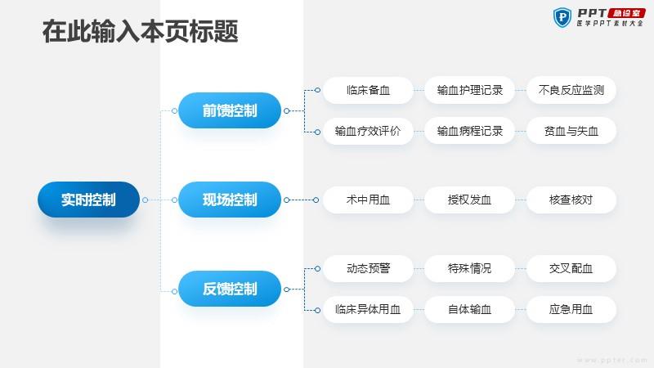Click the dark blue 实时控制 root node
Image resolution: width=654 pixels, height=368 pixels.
click(88, 200)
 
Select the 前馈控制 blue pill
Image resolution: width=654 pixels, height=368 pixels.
click(230, 110)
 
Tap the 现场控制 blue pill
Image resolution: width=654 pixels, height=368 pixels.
click(230, 200)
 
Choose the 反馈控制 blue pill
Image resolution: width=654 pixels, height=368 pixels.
click(230, 289)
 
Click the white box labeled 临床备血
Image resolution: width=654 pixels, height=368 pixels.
click(368, 90)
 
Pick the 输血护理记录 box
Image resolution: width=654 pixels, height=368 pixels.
click(469, 90)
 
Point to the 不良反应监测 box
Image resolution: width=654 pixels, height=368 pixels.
click(571, 90)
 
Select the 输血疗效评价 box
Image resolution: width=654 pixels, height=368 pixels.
click(368, 131)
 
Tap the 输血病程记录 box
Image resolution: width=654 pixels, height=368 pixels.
click(469, 131)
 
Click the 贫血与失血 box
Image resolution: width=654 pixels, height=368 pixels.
click(571, 131)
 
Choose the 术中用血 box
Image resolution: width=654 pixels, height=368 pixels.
click(368, 200)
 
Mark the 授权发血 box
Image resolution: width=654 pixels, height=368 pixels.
click(469, 200)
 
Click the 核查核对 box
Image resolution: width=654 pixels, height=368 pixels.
click(571, 200)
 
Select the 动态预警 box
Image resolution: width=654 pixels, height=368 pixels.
click(368, 268)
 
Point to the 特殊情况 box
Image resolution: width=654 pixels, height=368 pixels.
click(469, 268)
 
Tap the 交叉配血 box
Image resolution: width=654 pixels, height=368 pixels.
click(571, 268)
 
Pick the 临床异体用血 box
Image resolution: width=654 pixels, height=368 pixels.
click(368, 309)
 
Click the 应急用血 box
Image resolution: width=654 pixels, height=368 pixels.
click(571, 309)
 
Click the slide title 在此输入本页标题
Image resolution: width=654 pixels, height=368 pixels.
click(140, 31)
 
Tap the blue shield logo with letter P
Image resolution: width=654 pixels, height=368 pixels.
click(562, 17)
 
